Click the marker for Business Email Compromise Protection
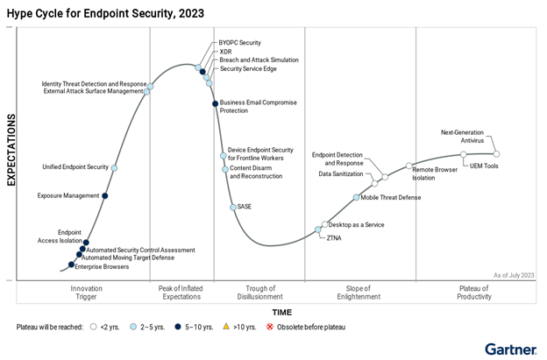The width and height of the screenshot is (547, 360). click(x=215, y=104)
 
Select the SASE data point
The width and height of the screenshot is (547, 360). click(x=232, y=207)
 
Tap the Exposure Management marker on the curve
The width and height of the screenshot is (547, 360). click(x=106, y=195)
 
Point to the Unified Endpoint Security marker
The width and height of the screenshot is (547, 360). click(x=114, y=167)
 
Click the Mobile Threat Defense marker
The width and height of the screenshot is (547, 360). click(x=356, y=197)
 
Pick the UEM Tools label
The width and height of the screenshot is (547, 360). click(x=484, y=166)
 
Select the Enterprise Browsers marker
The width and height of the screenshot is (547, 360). click(x=72, y=265)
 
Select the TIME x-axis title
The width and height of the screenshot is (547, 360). click(x=282, y=312)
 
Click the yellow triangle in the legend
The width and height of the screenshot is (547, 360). click(x=226, y=327)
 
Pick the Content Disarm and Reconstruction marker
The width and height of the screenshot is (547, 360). click(x=225, y=169)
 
